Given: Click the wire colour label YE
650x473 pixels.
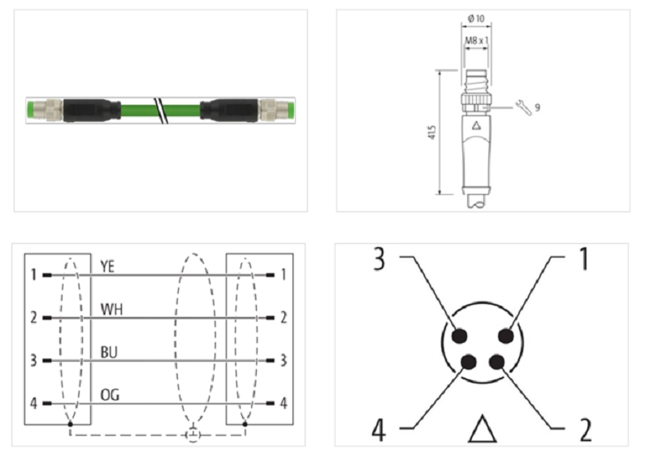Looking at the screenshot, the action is [x=107, y=267].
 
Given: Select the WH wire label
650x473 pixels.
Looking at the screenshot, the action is [x=111, y=310].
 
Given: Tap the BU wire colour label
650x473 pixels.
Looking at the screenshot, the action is [x=109, y=352].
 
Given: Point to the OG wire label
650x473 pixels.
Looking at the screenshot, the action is [x=110, y=395].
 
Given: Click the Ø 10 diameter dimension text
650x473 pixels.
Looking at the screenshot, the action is [x=476, y=19].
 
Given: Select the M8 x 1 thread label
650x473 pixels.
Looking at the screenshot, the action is [x=476, y=41].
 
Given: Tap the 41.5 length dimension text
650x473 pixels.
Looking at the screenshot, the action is [x=432, y=132].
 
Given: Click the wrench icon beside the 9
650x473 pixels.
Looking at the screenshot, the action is [x=523, y=107].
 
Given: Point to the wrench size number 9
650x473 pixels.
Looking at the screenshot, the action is [x=537, y=107].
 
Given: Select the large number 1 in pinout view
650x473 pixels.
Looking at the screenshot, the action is [x=583, y=258].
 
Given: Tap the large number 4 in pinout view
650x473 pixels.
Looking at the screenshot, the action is [x=379, y=430].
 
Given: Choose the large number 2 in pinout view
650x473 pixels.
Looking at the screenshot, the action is [x=585, y=430].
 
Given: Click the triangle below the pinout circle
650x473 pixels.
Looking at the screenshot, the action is [x=483, y=428].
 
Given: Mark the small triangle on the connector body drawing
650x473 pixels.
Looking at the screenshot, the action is [x=476, y=125].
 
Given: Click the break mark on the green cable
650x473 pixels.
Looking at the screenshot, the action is [x=161, y=111].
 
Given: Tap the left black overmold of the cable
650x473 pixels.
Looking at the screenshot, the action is [x=92, y=111].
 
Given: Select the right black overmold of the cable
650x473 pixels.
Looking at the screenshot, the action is [x=229, y=111].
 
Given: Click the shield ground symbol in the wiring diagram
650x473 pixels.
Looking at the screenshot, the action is [x=193, y=435].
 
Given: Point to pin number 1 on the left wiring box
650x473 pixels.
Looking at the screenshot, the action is [x=33, y=275].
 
